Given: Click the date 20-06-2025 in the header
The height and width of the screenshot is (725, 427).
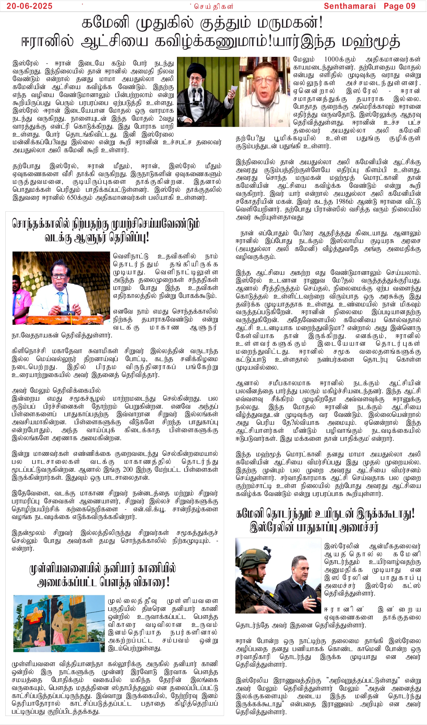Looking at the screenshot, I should click(29, 6).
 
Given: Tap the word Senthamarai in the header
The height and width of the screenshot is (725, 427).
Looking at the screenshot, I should click(350, 6).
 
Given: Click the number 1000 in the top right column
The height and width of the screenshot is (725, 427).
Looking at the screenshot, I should click(331, 59).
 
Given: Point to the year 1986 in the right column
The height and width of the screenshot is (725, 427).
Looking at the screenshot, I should click(340, 202).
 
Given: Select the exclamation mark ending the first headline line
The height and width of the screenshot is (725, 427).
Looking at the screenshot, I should click(321, 23).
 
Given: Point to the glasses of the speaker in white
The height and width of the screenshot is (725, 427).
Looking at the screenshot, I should click(59, 276).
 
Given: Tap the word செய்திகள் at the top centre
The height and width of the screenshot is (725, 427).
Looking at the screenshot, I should click(213, 6).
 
